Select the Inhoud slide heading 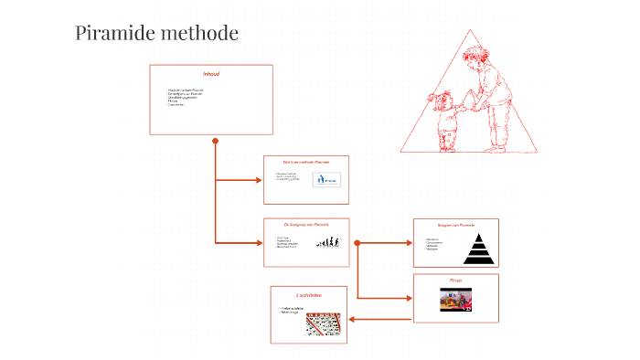[211, 73]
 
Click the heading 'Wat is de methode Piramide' [306, 162]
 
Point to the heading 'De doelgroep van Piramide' [306, 224]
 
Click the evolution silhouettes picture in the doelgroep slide [329, 243]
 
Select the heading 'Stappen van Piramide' [455, 224]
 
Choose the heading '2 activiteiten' [308, 295]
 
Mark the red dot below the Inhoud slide [216, 141]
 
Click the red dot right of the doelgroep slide [357, 243]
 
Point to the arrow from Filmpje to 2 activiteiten [379, 319]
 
